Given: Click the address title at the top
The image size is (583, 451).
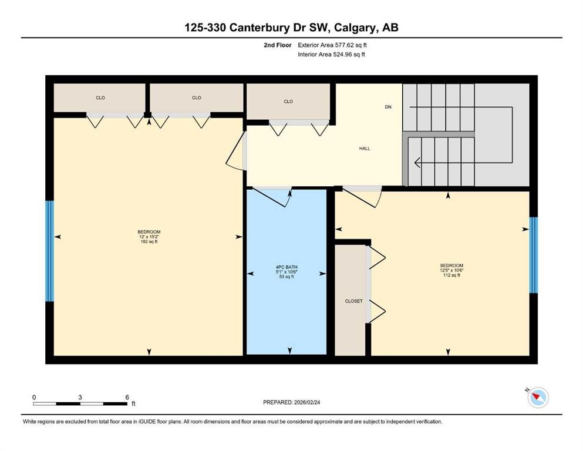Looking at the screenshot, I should (291, 28).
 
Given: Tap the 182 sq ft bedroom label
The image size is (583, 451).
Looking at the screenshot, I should (149, 237).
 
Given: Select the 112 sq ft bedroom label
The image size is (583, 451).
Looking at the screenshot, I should (451, 270).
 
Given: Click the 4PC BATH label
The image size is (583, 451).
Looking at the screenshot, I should (286, 272).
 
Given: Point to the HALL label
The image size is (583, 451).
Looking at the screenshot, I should (365, 149).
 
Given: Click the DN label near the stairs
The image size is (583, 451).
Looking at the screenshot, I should (387, 107).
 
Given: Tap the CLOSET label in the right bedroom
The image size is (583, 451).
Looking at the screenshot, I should (353, 301).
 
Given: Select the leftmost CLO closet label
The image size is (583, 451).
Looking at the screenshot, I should (100, 97).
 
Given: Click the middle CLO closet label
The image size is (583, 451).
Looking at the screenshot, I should (196, 97).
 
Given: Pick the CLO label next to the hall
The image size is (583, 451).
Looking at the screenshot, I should (288, 102).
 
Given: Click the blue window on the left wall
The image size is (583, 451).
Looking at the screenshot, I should (50, 251).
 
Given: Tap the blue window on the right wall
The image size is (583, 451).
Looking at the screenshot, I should (533, 255).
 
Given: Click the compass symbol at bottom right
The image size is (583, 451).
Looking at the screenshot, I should (537, 398).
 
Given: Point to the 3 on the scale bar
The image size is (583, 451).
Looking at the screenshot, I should (80, 397).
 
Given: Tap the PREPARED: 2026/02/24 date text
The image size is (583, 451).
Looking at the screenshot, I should (291, 402).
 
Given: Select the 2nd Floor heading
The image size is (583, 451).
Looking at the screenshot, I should (278, 45).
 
